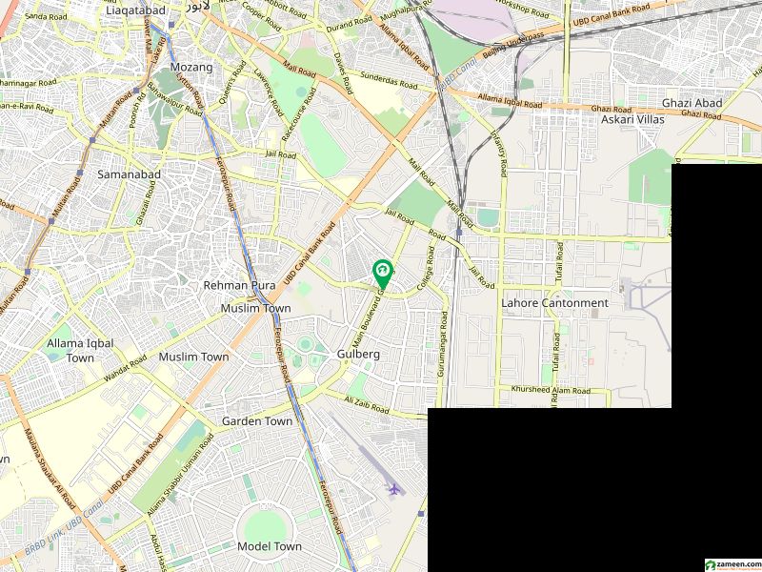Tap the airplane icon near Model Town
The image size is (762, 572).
pos(393,489)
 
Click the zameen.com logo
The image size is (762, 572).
pos(731,564)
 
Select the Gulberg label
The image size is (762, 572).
pos(359,354)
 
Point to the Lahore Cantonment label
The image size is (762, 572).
pos(554,303)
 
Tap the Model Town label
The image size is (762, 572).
pos(270,546)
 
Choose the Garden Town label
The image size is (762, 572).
pos(257,420)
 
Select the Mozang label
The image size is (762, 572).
pos(191,67)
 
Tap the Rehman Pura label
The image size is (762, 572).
pos(238,285)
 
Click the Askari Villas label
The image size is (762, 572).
pos(632,120)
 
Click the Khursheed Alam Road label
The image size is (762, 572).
pos(551,391)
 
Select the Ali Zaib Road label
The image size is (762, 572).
pos(368,404)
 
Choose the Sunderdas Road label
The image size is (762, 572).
pos(387,81)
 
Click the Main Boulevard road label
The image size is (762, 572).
pos(369,319)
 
